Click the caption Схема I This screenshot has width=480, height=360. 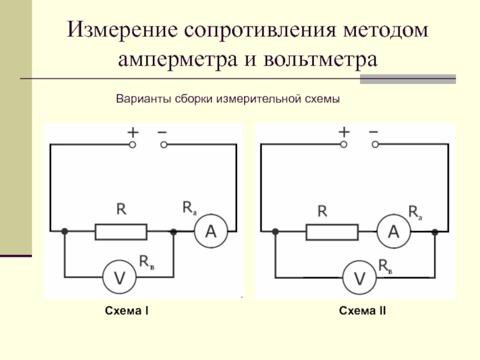[x=127, y=311]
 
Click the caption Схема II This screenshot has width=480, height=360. [x=362, y=311]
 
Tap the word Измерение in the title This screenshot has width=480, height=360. [x=122, y=29]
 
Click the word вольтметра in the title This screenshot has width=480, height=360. [x=320, y=59]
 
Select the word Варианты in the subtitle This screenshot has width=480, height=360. [x=143, y=99]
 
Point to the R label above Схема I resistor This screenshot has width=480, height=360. [x=122, y=209]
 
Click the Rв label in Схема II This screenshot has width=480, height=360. [x=385, y=266]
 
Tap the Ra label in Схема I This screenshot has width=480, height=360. [x=190, y=208]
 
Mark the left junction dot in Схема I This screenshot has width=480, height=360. [x=65, y=232]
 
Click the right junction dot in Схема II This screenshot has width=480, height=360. [x=434, y=232]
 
